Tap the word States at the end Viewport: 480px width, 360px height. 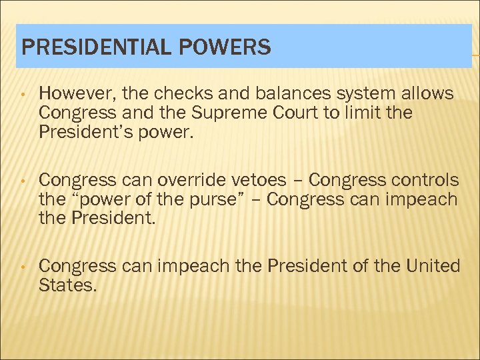66,285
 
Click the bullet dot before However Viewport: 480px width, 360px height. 23,95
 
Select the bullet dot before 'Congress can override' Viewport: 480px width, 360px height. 23,181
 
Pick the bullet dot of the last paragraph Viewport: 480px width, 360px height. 23,267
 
